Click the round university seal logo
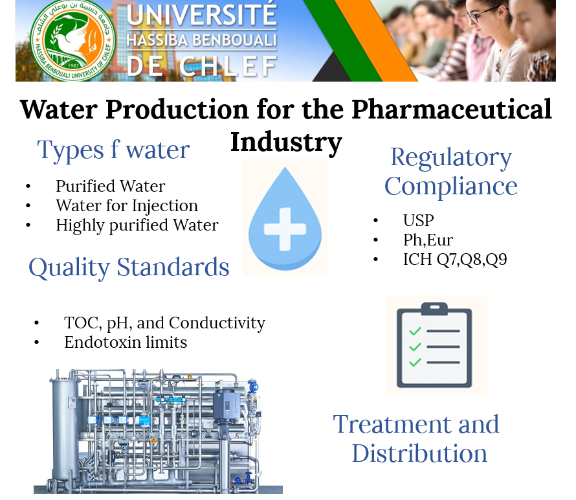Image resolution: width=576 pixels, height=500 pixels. (72, 40)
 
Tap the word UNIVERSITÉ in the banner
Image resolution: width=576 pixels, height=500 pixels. (202, 14)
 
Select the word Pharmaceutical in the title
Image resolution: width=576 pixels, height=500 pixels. (452, 109)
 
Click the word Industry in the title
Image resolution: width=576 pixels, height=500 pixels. (286, 142)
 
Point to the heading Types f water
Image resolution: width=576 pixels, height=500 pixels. (113, 150)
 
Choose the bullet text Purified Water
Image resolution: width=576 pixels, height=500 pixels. (111, 186)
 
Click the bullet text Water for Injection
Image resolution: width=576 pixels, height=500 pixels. (127, 205)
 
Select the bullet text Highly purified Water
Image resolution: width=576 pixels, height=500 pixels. (137, 225)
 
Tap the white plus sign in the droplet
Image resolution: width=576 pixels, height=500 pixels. (285, 229)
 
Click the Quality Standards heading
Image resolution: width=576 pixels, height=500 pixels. (129, 267)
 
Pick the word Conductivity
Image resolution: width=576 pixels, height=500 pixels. (217, 323)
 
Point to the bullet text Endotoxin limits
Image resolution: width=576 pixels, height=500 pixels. (126, 342)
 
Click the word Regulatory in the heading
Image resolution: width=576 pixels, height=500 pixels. (451, 158)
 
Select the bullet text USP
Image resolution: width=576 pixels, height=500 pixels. (418, 221)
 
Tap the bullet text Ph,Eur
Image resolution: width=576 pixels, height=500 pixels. (428, 240)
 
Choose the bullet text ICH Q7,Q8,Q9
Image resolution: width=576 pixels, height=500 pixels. (455, 260)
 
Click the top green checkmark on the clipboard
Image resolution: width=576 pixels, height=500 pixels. (415, 331)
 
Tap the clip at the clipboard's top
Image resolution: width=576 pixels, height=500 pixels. (434, 309)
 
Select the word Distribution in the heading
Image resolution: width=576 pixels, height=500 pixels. (419, 453)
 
